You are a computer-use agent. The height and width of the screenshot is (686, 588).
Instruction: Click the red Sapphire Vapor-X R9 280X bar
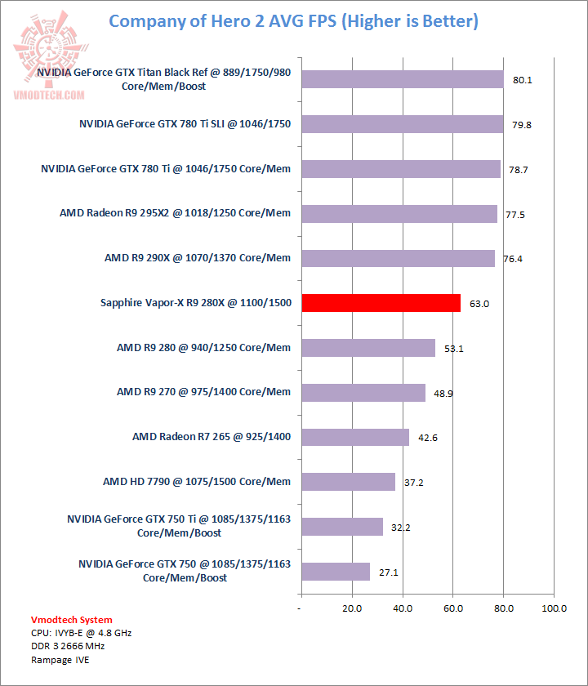pos(381,303)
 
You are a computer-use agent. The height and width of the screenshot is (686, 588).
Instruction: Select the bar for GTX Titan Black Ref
pos(402,79)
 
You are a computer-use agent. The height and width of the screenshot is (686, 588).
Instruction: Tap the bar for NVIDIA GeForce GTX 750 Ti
pos(341,527)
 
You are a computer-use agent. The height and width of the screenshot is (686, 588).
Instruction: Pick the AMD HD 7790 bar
pos(348,482)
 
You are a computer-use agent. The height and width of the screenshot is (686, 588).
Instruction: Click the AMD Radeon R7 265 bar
pos(354,437)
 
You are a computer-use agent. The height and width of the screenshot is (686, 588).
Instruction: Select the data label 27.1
pos(390,572)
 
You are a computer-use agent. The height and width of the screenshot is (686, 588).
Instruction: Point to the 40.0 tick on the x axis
pos(403,608)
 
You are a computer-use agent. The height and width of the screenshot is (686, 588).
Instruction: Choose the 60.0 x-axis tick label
pos(453,608)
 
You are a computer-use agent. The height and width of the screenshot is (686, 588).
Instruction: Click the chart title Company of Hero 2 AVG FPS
pos(293,21)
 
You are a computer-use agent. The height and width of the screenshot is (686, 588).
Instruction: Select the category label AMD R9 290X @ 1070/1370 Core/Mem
pos(197,258)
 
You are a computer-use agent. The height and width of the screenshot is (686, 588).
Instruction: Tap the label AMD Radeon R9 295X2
pos(175,213)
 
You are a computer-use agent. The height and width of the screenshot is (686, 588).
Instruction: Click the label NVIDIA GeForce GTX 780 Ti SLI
pos(185,124)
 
